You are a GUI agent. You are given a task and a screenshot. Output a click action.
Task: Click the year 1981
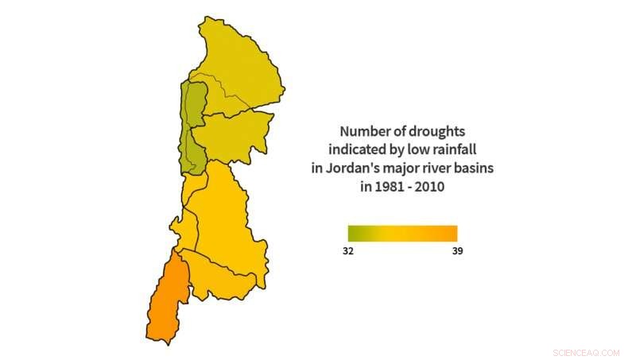(390, 187)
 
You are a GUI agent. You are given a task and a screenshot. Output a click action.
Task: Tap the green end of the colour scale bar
(352, 233)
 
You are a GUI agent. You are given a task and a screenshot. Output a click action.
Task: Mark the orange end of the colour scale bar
(452, 233)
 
